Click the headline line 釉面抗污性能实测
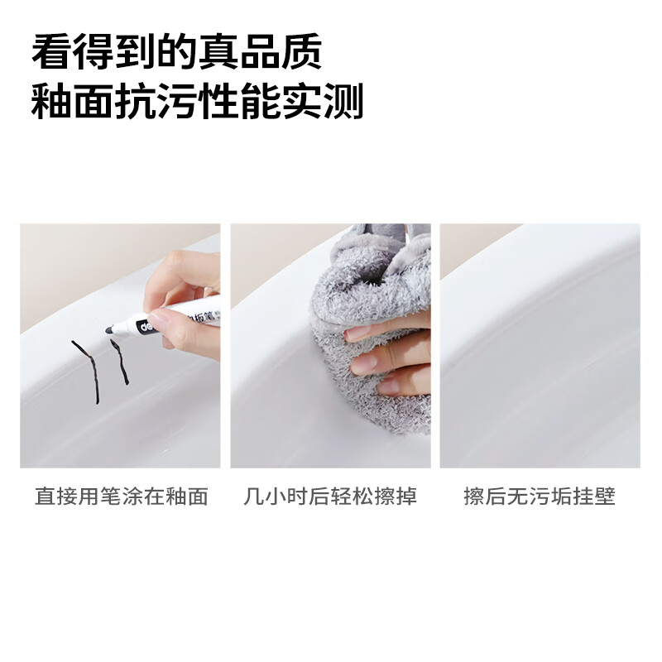[198, 104]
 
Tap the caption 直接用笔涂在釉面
[121, 496]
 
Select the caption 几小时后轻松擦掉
[330, 496]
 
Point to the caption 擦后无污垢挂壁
[540, 496]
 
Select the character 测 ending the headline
[343, 104]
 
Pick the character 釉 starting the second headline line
[51, 104]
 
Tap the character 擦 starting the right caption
[473, 496]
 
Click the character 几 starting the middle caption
[253, 496]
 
